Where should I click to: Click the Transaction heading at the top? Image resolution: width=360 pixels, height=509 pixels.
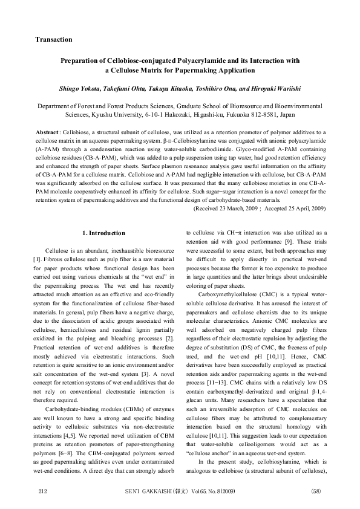point(54,39)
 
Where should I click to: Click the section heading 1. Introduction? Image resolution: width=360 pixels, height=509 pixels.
point(103,233)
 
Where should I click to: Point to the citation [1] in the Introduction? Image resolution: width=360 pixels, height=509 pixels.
point(39,259)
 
